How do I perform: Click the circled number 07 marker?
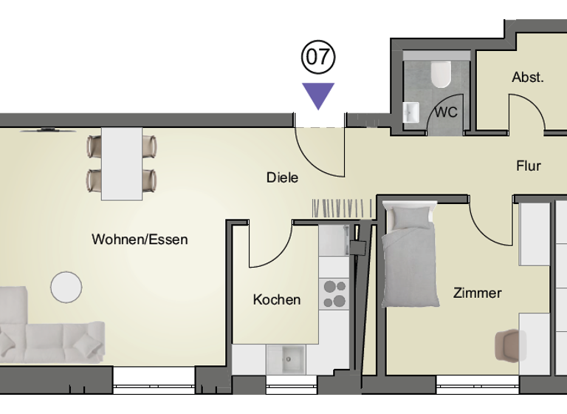(318, 57)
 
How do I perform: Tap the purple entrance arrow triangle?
(318, 94)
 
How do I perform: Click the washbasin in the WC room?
(411, 112)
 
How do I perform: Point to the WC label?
(445, 113)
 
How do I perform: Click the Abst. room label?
(527, 77)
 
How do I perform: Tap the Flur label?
(529, 166)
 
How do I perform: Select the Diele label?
(282, 177)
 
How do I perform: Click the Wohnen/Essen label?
(140, 240)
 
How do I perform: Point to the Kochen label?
(277, 299)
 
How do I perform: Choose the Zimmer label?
(477, 293)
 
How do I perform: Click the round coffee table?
(66, 287)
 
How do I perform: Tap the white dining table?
(122, 163)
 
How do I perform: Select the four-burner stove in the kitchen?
(334, 293)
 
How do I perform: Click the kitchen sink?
(288, 359)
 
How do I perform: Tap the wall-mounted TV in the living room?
(48, 130)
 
